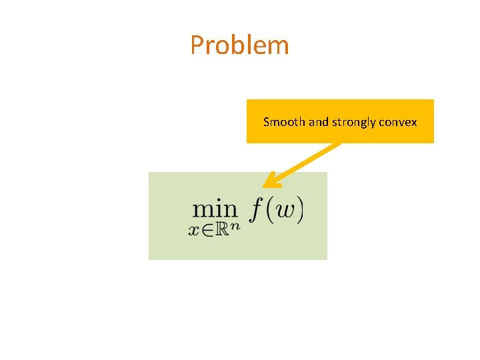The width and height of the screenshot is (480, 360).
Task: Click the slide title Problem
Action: coord(239,45)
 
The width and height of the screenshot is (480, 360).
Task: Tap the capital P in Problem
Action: coord(197,45)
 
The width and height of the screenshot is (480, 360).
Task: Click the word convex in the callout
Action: coord(397,122)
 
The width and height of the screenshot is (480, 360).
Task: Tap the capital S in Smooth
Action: coord(267,122)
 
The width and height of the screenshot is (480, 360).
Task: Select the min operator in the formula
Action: coord(215,209)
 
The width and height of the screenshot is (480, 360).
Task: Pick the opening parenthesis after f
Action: coord(267,211)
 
